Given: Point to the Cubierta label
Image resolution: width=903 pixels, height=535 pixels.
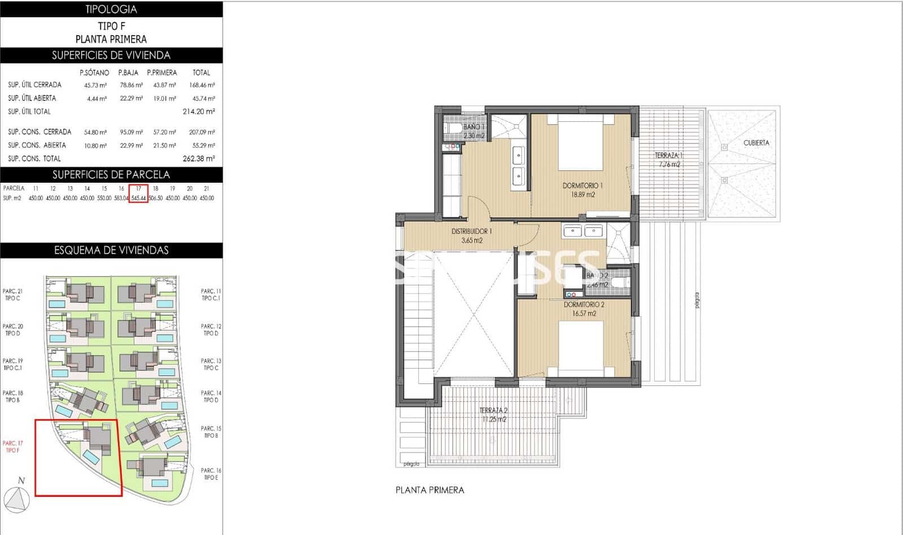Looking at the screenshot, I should [x=756, y=143].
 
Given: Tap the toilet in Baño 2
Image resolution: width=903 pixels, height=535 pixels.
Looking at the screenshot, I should [x=620, y=282].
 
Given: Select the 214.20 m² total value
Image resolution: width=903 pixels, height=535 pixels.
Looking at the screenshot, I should [x=199, y=112].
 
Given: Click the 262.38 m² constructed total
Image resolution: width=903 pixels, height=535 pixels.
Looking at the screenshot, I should [x=199, y=159].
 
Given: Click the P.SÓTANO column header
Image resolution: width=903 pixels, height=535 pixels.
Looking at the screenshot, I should [x=94, y=73].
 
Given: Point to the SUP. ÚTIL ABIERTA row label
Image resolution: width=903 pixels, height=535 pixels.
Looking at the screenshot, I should [x=32, y=98].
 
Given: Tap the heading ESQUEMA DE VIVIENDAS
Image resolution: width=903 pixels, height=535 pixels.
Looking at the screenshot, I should [x=111, y=250].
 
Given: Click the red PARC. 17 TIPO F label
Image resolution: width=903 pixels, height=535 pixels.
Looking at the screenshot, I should [x=12, y=446].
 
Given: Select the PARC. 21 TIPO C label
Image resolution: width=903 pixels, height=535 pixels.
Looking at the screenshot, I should [x=12, y=295].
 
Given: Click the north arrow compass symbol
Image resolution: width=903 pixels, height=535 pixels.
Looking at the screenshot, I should [x=17, y=499].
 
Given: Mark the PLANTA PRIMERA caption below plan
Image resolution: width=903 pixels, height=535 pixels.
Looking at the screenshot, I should [x=429, y=490].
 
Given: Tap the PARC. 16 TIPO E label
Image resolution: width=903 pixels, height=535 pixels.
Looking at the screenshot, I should [x=211, y=473].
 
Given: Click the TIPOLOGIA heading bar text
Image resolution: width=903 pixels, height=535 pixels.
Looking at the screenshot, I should [x=111, y=9].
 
